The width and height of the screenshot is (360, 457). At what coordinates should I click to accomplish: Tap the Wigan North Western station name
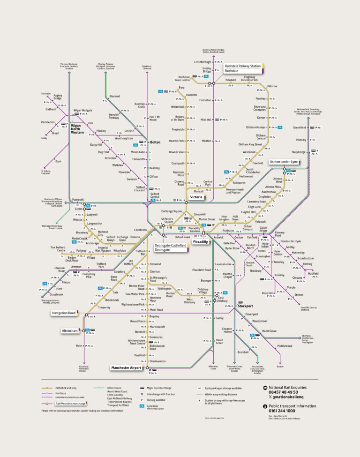pyautogui.click(x=77, y=129)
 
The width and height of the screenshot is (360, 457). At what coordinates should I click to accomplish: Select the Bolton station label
pyautogui.click(x=155, y=142)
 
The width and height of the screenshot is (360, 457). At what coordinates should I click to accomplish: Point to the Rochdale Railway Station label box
pyautogui.click(x=242, y=67)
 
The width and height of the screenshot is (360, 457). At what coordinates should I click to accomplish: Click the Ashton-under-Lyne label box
pyautogui.click(x=284, y=161)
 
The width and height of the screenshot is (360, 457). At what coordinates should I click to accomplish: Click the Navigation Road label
pyautogui.click(x=64, y=313)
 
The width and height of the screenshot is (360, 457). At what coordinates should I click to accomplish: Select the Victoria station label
pyautogui.click(x=196, y=197)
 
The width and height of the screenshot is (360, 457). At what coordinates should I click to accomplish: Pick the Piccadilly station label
pyautogui.click(x=200, y=242)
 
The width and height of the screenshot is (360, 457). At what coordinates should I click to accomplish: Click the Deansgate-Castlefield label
pyautogui.click(x=171, y=246)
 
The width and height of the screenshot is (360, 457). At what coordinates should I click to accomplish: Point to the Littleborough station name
pyautogui.click(x=203, y=62)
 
